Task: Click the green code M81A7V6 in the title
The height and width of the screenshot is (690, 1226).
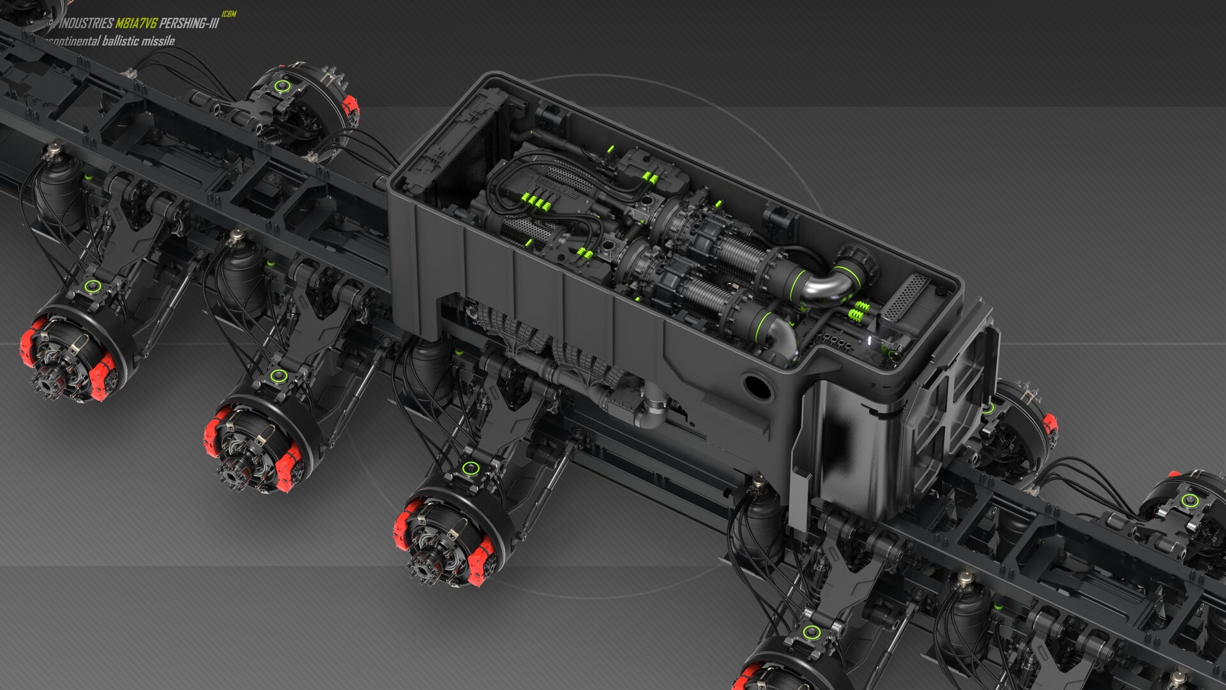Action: point(136,24)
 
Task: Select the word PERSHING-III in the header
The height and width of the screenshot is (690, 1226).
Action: point(189,24)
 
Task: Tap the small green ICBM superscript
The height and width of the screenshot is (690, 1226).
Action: point(229,14)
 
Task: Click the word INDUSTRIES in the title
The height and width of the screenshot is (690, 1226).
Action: point(86,24)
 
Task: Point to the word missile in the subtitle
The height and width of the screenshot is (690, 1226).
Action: point(158,42)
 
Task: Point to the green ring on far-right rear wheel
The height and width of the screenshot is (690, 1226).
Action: point(1188,499)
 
